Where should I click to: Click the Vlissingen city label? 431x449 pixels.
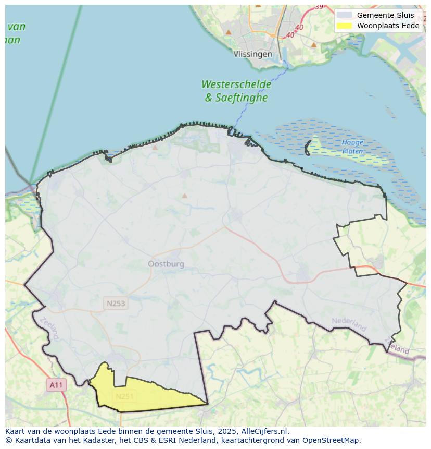click(252, 54)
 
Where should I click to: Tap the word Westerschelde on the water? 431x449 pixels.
click(236, 84)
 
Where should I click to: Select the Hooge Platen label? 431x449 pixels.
click(352, 147)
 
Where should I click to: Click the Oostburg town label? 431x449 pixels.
click(166, 264)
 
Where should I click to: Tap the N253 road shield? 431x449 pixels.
click(116, 303)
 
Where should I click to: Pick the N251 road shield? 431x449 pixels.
click(124, 396)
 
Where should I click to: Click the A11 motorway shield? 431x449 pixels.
click(56, 385)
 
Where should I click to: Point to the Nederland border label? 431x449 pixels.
click(349, 324)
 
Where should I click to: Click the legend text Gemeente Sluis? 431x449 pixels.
click(385, 15)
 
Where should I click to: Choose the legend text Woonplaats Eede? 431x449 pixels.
click(388, 26)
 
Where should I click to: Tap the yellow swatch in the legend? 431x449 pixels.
click(344, 26)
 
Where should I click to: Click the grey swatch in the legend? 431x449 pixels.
click(344, 15)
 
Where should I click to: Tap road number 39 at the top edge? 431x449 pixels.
click(319, 7)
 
